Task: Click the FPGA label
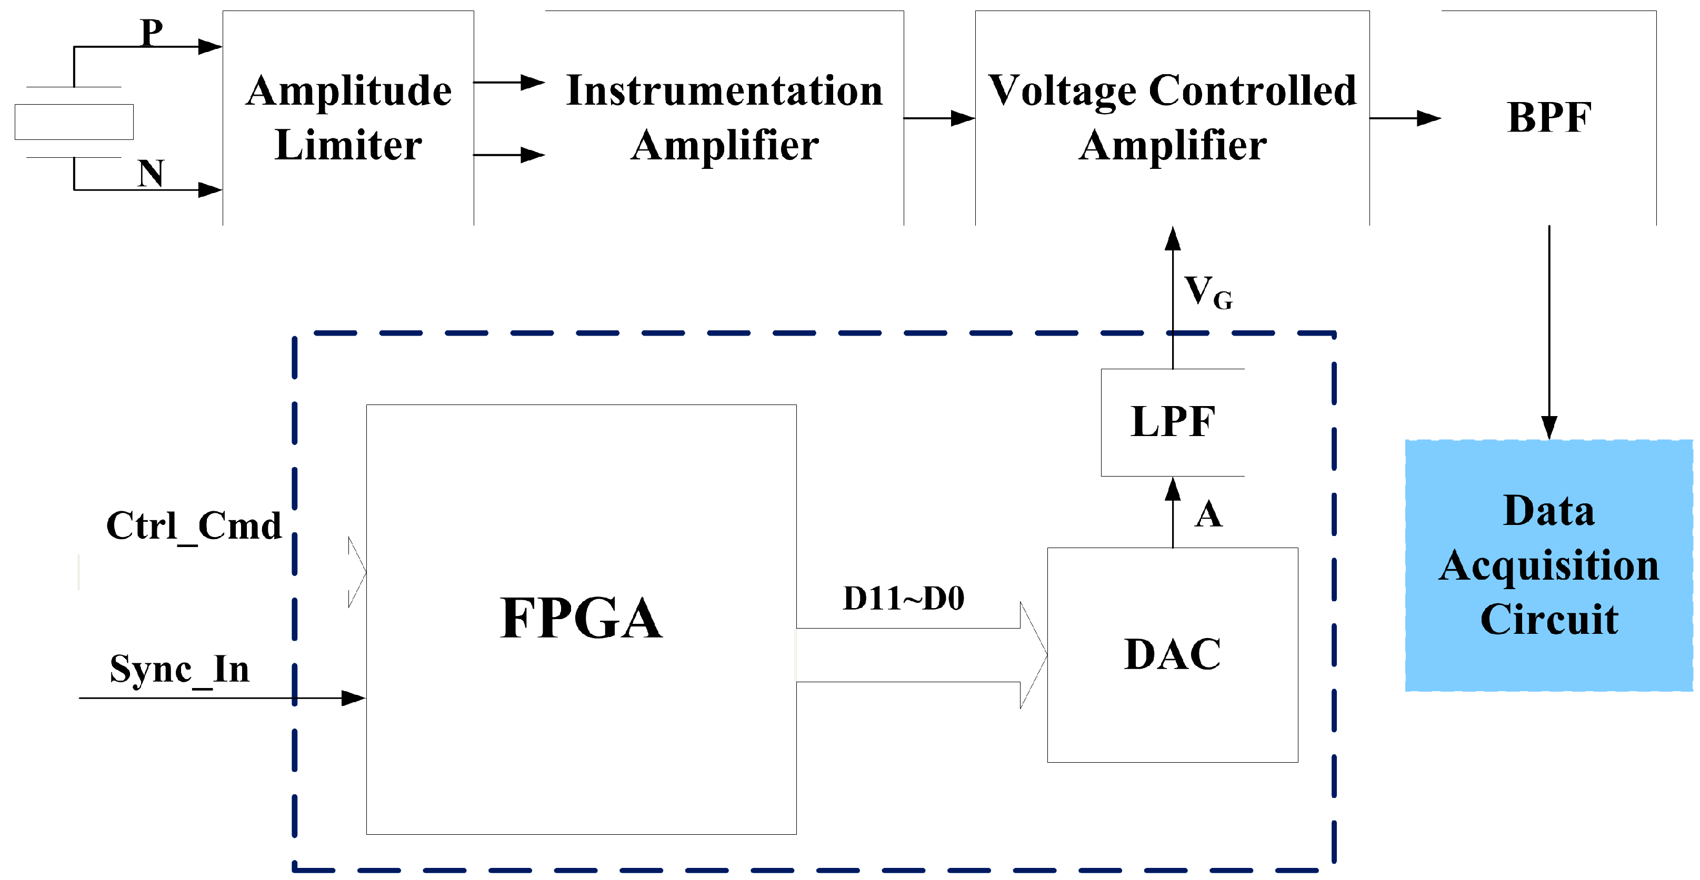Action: click(581, 619)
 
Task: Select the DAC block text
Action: click(1172, 654)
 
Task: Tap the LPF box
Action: click(1172, 422)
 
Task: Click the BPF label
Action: click(1549, 118)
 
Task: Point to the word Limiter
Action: click(348, 145)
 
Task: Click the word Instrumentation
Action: click(724, 90)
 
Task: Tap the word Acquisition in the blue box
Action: click(1548, 566)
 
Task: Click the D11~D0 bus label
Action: click(904, 598)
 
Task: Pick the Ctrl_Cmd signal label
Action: click(193, 526)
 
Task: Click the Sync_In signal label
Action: click(179, 669)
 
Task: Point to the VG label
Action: click(1208, 292)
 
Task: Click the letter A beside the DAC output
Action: click(1208, 514)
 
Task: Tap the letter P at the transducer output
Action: click(152, 31)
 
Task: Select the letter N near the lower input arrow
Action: click(151, 174)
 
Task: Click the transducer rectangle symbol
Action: click(74, 122)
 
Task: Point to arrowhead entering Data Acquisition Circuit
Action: click(1549, 428)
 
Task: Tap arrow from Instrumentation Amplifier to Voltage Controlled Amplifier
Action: click(939, 118)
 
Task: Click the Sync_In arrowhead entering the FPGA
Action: click(353, 698)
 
